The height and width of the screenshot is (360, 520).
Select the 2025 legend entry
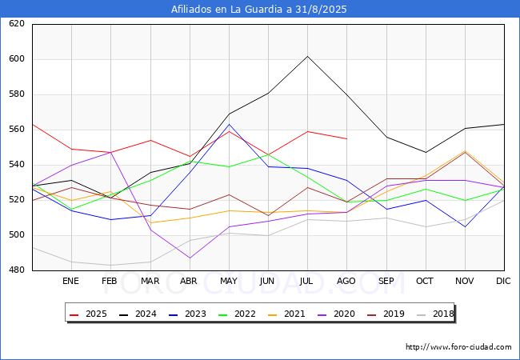[88, 314]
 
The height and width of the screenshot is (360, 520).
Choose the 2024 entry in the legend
[138, 314]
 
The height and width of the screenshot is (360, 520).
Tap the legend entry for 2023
[187, 314]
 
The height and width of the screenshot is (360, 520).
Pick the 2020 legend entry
[336, 314]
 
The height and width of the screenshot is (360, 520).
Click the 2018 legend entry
[435, 314]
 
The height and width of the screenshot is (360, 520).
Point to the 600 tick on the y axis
[17, 59]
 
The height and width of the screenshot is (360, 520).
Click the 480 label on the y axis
[17, 270]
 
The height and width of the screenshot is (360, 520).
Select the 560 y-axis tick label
[17, 130]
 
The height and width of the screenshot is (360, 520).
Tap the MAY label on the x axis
[229, 281]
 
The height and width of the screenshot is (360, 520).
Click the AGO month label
[346, 281]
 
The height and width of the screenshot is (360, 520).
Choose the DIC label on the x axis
[503, 281]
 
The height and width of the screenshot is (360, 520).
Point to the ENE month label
[70, 281]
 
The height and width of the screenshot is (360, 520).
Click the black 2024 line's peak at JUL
[308, 56]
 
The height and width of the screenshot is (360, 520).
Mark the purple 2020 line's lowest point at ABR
[190, 258]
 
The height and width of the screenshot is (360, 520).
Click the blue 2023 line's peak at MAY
[229, 124]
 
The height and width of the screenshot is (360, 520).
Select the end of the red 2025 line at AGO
[347, 138]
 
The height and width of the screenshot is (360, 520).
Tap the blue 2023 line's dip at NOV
[466, 226]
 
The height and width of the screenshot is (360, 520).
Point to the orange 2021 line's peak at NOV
[466, 151]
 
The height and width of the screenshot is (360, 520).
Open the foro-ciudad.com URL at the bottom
[458, 347]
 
